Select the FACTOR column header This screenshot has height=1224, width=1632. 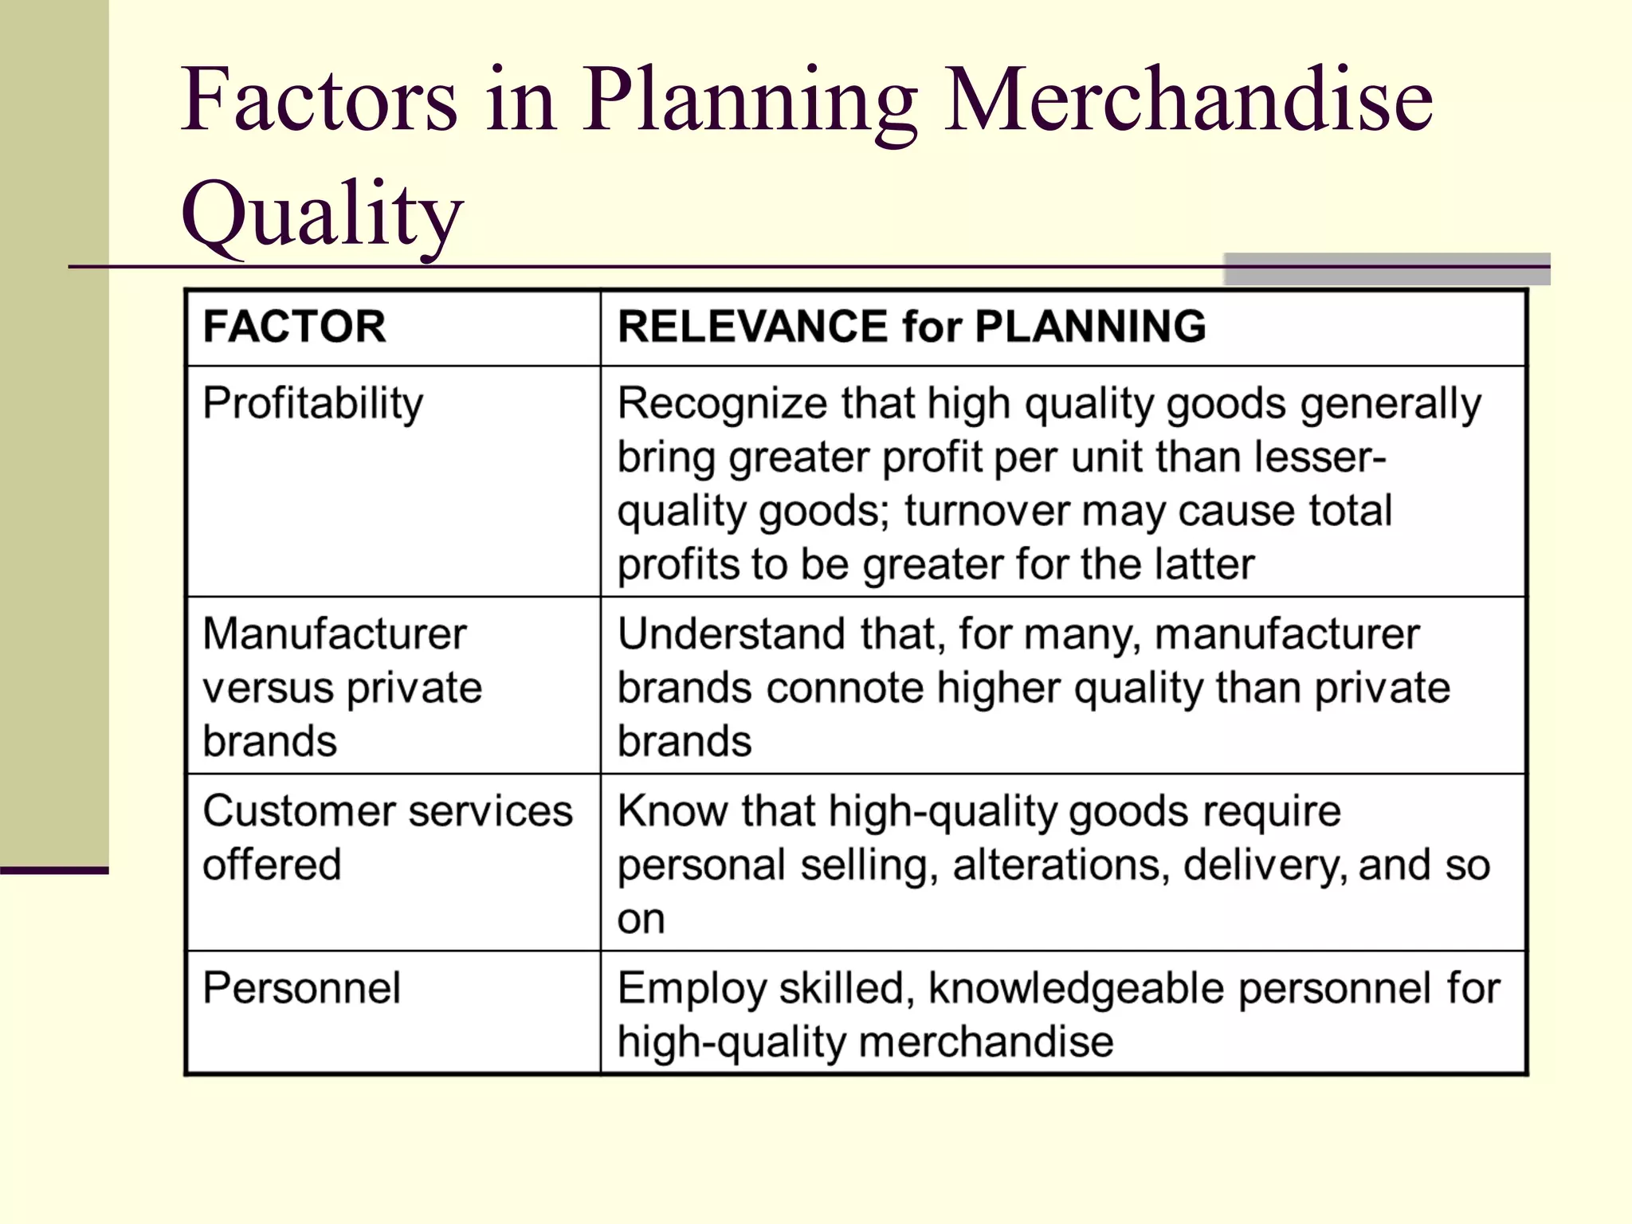(294, 327)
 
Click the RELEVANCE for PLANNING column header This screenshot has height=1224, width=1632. (912, 327)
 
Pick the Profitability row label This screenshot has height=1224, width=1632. (312, 403)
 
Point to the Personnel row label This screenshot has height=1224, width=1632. (301, 988)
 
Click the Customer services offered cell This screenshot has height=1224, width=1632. (387, 838)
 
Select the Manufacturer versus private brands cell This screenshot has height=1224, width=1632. (343, 687)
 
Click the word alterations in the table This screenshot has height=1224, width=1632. (1061, 865)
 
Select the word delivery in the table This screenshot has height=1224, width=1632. (1265, 865)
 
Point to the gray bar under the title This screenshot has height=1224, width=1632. (1387, 269)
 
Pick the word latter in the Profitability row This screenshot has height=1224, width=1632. (1204, 564)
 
